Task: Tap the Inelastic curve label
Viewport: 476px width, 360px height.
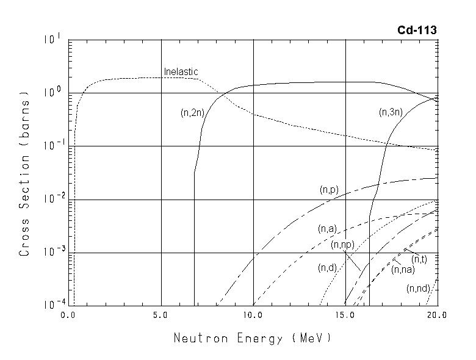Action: pos(181,72)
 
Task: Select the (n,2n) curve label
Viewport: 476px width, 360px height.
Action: pos(192,112)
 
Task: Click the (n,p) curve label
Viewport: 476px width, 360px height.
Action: pos(329,190)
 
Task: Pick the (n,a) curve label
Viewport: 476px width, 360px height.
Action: pos(327,229)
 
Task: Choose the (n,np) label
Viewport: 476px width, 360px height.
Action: pos(342,245)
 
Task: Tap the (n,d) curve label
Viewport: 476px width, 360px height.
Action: pos(328,268)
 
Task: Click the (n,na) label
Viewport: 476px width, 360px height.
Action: pos(403,270)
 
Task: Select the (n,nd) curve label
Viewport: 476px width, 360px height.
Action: pos(418,289)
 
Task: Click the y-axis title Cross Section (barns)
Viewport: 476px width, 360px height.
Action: pos(25,173)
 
